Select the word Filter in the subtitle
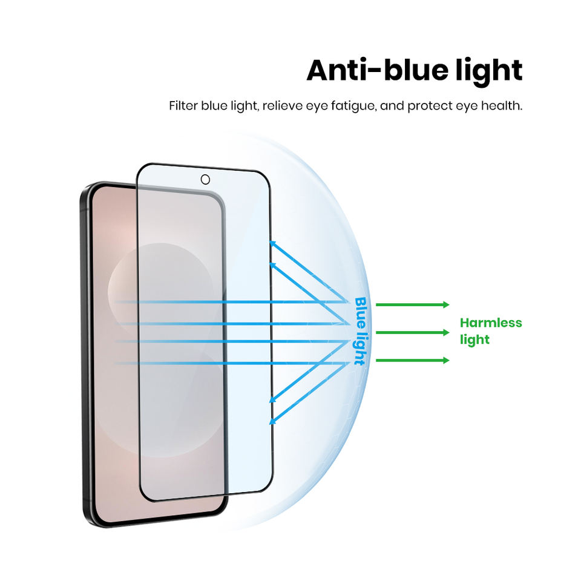pos(182,107)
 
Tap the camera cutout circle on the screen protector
pos(205,179)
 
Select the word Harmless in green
pos(490,323)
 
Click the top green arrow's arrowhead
pos(447,304)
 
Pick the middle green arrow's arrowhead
pos(447,332)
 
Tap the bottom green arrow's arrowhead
pos(447,360)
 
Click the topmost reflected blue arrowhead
pos(273,244)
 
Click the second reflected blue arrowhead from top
pos(273,265)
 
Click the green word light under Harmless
pos(474,340)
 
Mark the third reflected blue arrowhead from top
pos(273,399)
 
